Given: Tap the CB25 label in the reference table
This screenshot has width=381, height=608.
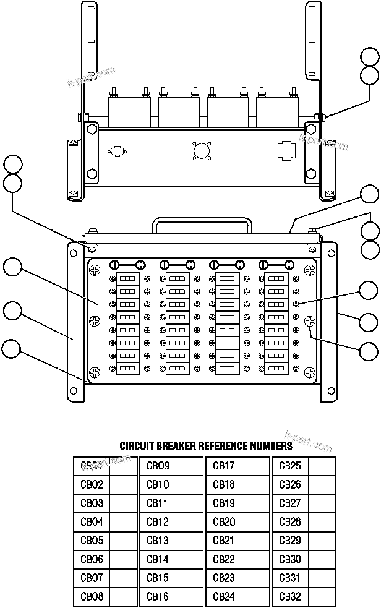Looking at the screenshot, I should (x=290, y=466).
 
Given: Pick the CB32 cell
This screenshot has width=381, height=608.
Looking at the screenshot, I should (x=290, y=597).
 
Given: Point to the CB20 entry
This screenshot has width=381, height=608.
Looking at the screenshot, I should (x=224, y=522).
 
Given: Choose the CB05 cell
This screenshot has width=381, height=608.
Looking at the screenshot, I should (x=92, y=541).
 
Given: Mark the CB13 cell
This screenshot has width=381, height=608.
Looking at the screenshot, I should (x=158, y=541).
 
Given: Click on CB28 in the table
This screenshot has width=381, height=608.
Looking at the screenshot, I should (x=290, y=522).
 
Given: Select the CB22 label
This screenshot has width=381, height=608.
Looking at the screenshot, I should (x=224, y=560).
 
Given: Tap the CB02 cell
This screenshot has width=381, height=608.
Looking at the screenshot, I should (x=92, y=484).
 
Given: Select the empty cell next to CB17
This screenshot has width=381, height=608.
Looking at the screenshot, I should (x=255, y=466).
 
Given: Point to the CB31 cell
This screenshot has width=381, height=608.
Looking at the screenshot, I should (x=290, y=578).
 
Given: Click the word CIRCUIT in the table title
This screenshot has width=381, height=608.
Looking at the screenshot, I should (x=137, y=445).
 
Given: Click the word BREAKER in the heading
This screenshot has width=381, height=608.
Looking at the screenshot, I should (x=176, y=445).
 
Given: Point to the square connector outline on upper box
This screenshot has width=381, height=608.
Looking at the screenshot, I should (x=286, y=150).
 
